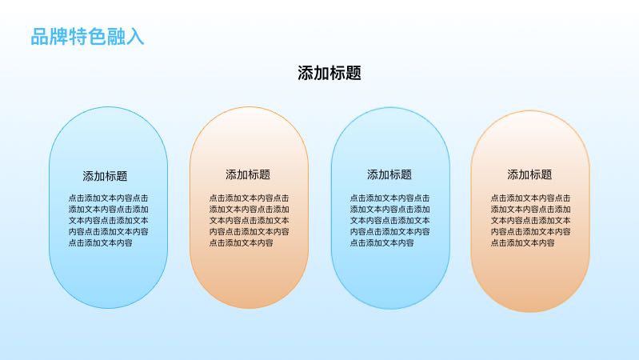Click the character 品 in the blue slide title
39,37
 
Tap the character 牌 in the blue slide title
58,37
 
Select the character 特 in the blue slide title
78,37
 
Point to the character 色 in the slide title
97,37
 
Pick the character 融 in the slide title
116,37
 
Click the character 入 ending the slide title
135,37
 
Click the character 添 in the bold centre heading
306,73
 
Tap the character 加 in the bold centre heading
321,73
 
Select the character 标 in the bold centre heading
337,73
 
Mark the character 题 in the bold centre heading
353,73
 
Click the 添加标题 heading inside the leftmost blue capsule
105,176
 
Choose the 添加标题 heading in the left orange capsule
248,174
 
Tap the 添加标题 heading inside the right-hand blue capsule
389,174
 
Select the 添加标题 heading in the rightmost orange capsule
529,174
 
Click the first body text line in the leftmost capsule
109,198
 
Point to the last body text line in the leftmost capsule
100,243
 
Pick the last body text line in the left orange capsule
242,243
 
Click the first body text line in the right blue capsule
390,198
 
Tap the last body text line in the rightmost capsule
522,243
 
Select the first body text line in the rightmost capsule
530,198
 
